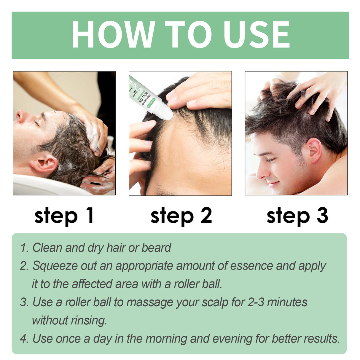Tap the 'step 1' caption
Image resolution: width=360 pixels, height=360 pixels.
[64, 216]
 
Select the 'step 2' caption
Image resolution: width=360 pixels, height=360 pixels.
[181, 216]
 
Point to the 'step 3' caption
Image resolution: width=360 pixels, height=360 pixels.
[297, 216]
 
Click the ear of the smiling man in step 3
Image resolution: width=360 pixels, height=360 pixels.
[314, 150]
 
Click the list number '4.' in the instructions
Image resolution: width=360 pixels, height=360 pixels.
[25, 339]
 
